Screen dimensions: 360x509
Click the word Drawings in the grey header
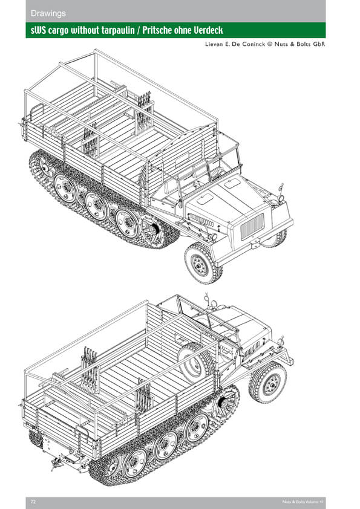tap(48, 14)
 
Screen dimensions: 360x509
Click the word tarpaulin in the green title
tap(117, 30)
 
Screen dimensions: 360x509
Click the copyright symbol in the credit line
tap(269, 44)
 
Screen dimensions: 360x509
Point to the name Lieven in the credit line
tap(213, 44)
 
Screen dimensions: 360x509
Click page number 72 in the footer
tap(33, 502)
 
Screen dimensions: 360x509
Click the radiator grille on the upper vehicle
tap(252, 226)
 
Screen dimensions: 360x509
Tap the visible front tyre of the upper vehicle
tap(203, 263)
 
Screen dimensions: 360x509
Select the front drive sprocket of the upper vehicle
tap(152, 230)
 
